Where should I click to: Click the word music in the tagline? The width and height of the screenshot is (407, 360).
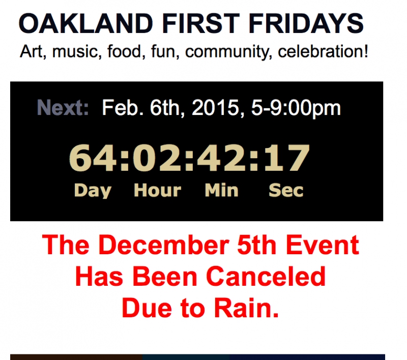(x=77, y=52)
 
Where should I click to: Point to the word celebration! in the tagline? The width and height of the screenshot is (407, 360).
(x=323, y=52)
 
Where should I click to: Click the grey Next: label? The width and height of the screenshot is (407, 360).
(x=63, y=108)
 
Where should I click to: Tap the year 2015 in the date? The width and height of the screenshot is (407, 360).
(x=217, y=108)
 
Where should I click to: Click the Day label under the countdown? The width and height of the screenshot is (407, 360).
(x=93, y=191)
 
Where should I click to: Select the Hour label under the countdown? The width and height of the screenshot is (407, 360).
(x=157, y=191)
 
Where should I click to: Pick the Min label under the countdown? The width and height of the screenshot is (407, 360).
(x=221, y=191)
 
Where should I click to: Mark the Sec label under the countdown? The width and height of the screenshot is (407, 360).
(x=286, y=191)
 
